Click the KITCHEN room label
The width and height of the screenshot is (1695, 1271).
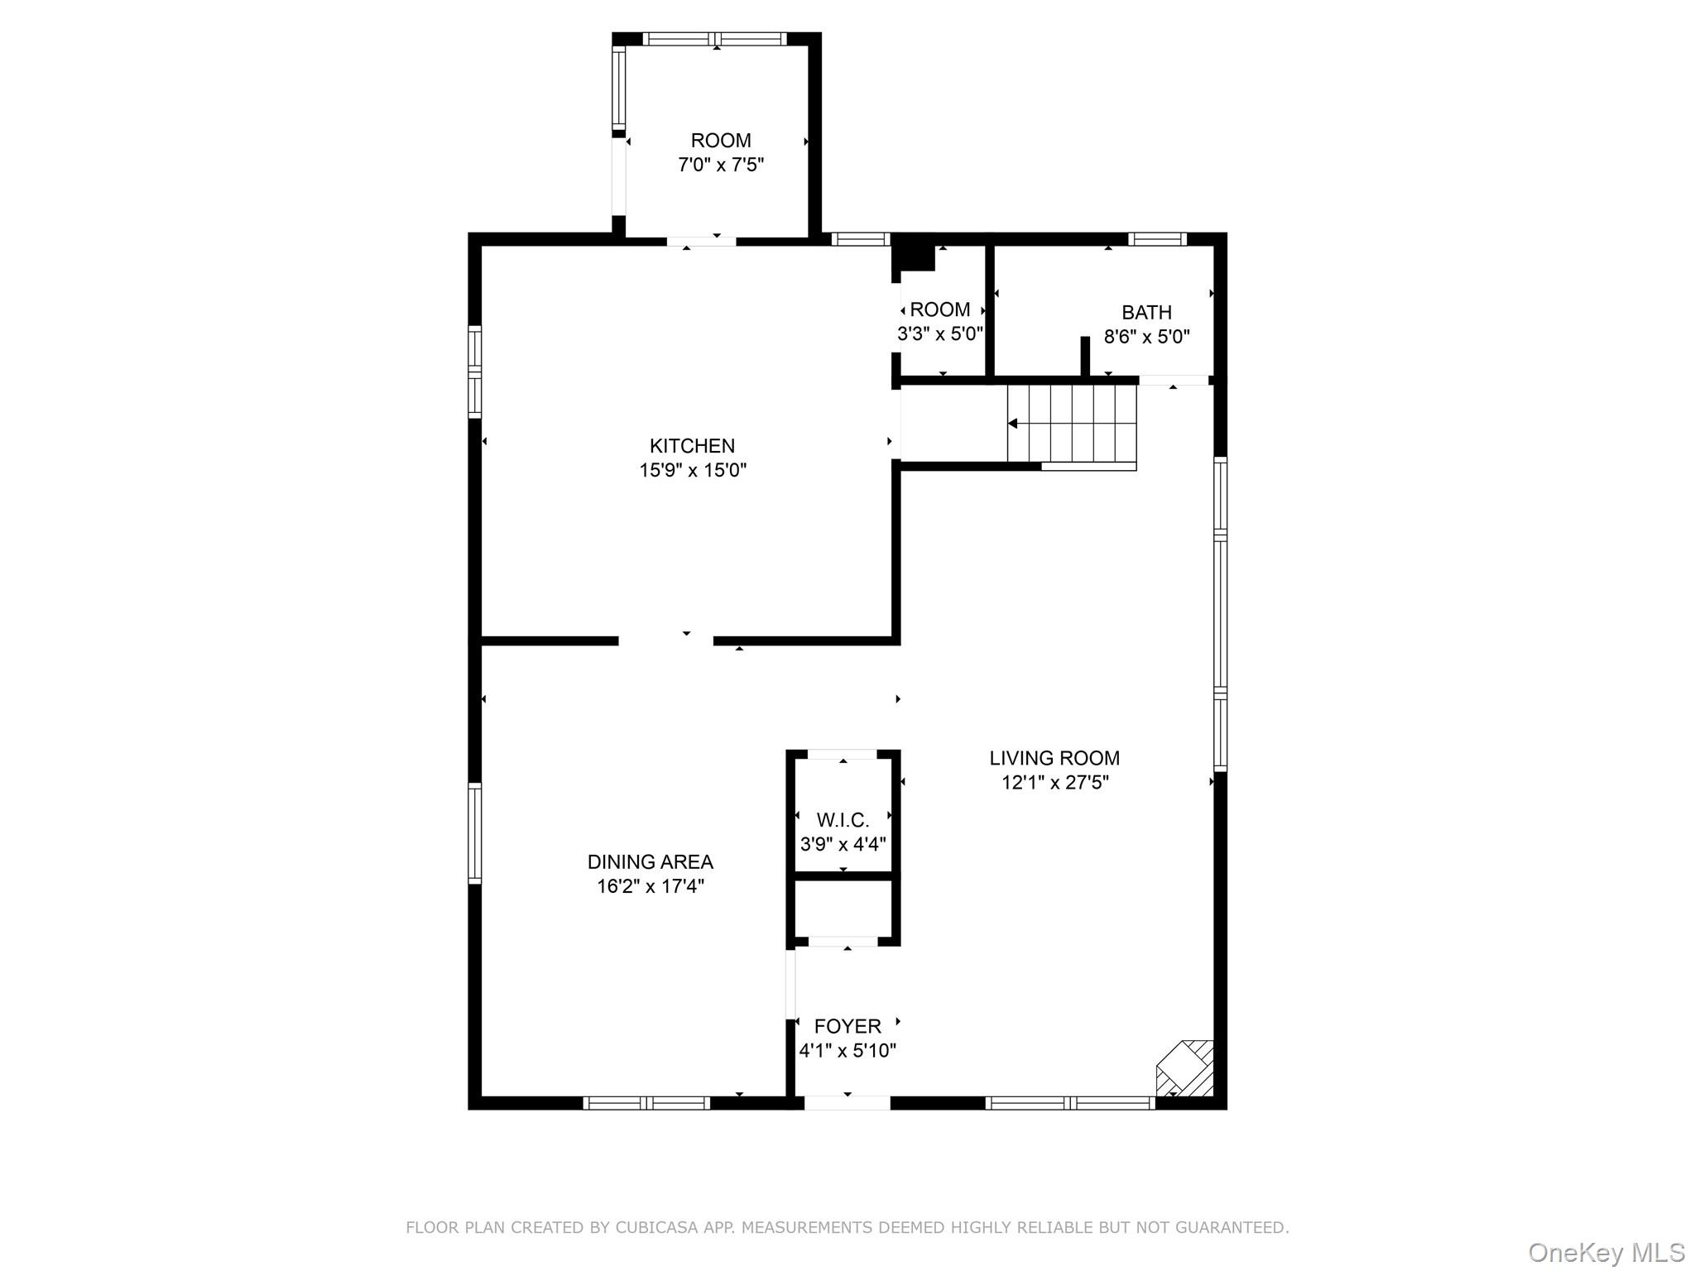coord(692,446)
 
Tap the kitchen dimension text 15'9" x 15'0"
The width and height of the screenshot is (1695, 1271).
coord(693,471)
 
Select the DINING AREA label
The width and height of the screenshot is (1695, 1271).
coord(651,862)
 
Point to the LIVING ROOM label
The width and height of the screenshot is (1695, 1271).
coord(1054,758)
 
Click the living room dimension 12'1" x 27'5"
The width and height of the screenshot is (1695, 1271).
coord(1055,783)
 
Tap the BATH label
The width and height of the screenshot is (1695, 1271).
coord(1146,313)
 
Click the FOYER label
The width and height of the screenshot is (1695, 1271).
coord(847,1027)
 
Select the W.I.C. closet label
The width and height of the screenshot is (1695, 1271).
coord(843,820)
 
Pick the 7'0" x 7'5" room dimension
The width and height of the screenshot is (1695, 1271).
coord(721,165)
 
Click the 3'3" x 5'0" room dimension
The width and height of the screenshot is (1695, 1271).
coord(940,334)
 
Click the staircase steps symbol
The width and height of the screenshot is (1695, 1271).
coord(1072,424)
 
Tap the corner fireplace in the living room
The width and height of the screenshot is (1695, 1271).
coord(1185,1068)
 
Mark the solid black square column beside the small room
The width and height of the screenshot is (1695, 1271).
coord(913,253)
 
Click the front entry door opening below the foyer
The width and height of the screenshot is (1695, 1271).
coord(847,1102)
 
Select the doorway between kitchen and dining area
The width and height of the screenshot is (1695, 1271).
coord(665,641)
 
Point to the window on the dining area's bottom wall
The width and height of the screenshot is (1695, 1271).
coord(646,1102)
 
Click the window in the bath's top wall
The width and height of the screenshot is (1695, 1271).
coord(1157,239)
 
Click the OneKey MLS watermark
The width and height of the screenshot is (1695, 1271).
coord(1606,1252)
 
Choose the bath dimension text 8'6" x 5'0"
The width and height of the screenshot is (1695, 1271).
coord(1147,337)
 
